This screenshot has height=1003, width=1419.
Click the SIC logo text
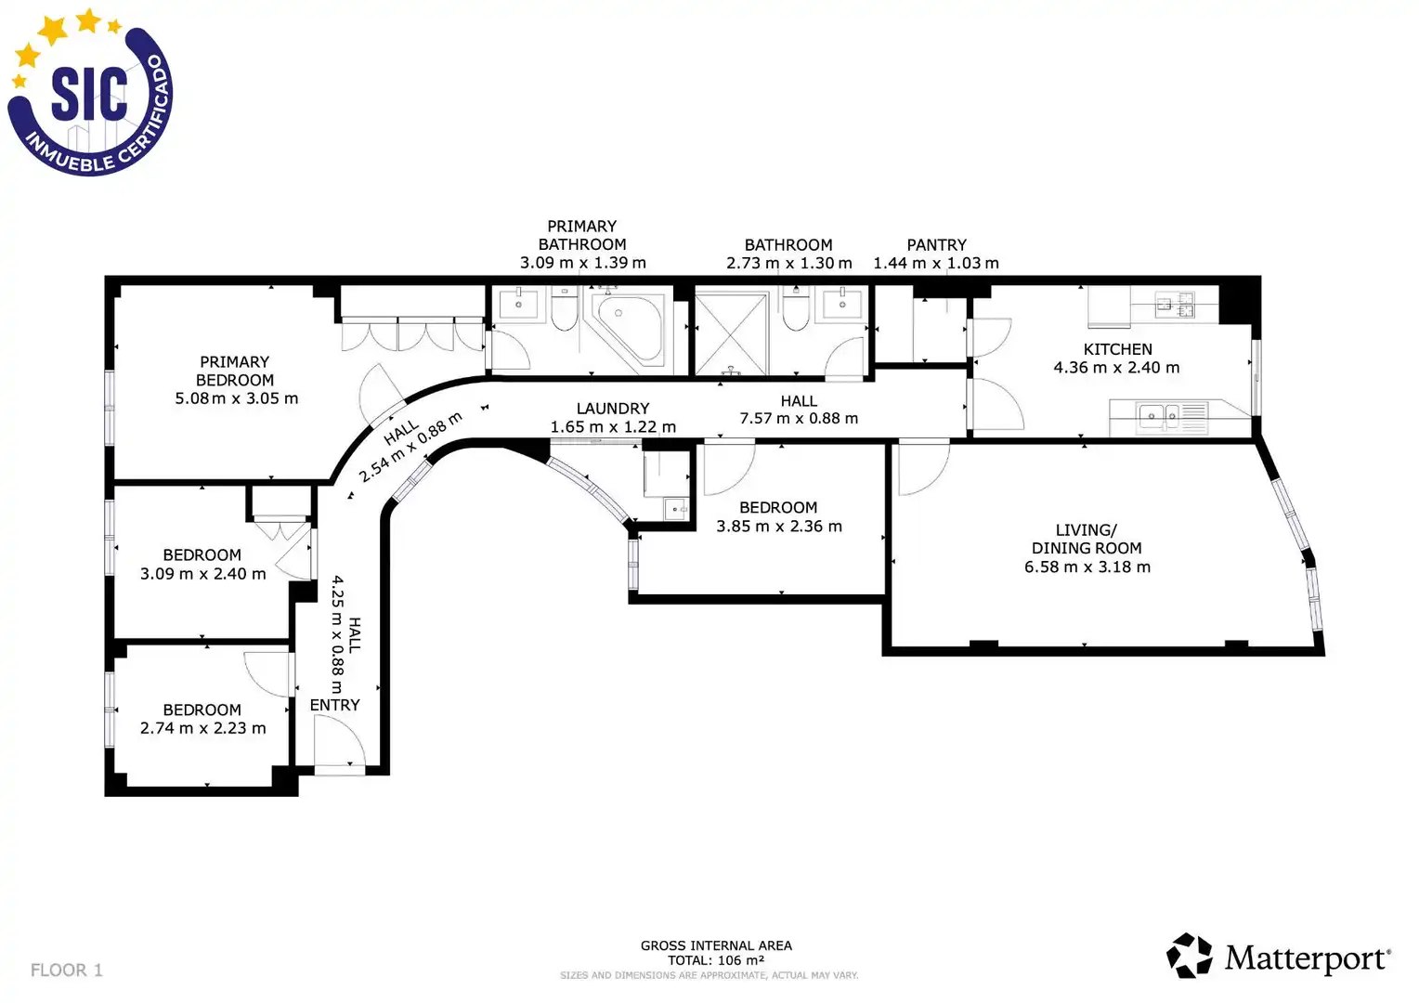pos(89,94)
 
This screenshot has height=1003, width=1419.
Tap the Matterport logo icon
pos(1189,955)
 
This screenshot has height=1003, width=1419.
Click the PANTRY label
pos(936,244)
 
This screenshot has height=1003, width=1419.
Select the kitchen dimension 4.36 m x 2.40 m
pos(1116,368)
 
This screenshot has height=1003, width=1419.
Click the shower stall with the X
pos(731,334)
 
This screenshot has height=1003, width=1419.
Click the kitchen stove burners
pos(1175,304)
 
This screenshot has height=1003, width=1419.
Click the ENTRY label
pos(334,705)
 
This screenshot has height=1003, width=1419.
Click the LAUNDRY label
pos(613,409)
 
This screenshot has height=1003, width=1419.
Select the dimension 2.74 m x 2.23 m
pos(202,728)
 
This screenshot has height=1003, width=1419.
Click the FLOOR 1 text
pos(67,970)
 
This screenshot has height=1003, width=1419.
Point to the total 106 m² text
pos(716,960)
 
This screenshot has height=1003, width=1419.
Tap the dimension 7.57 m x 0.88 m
pos(799,418)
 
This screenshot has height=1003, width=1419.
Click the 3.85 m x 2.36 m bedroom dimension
pos(779,526)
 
